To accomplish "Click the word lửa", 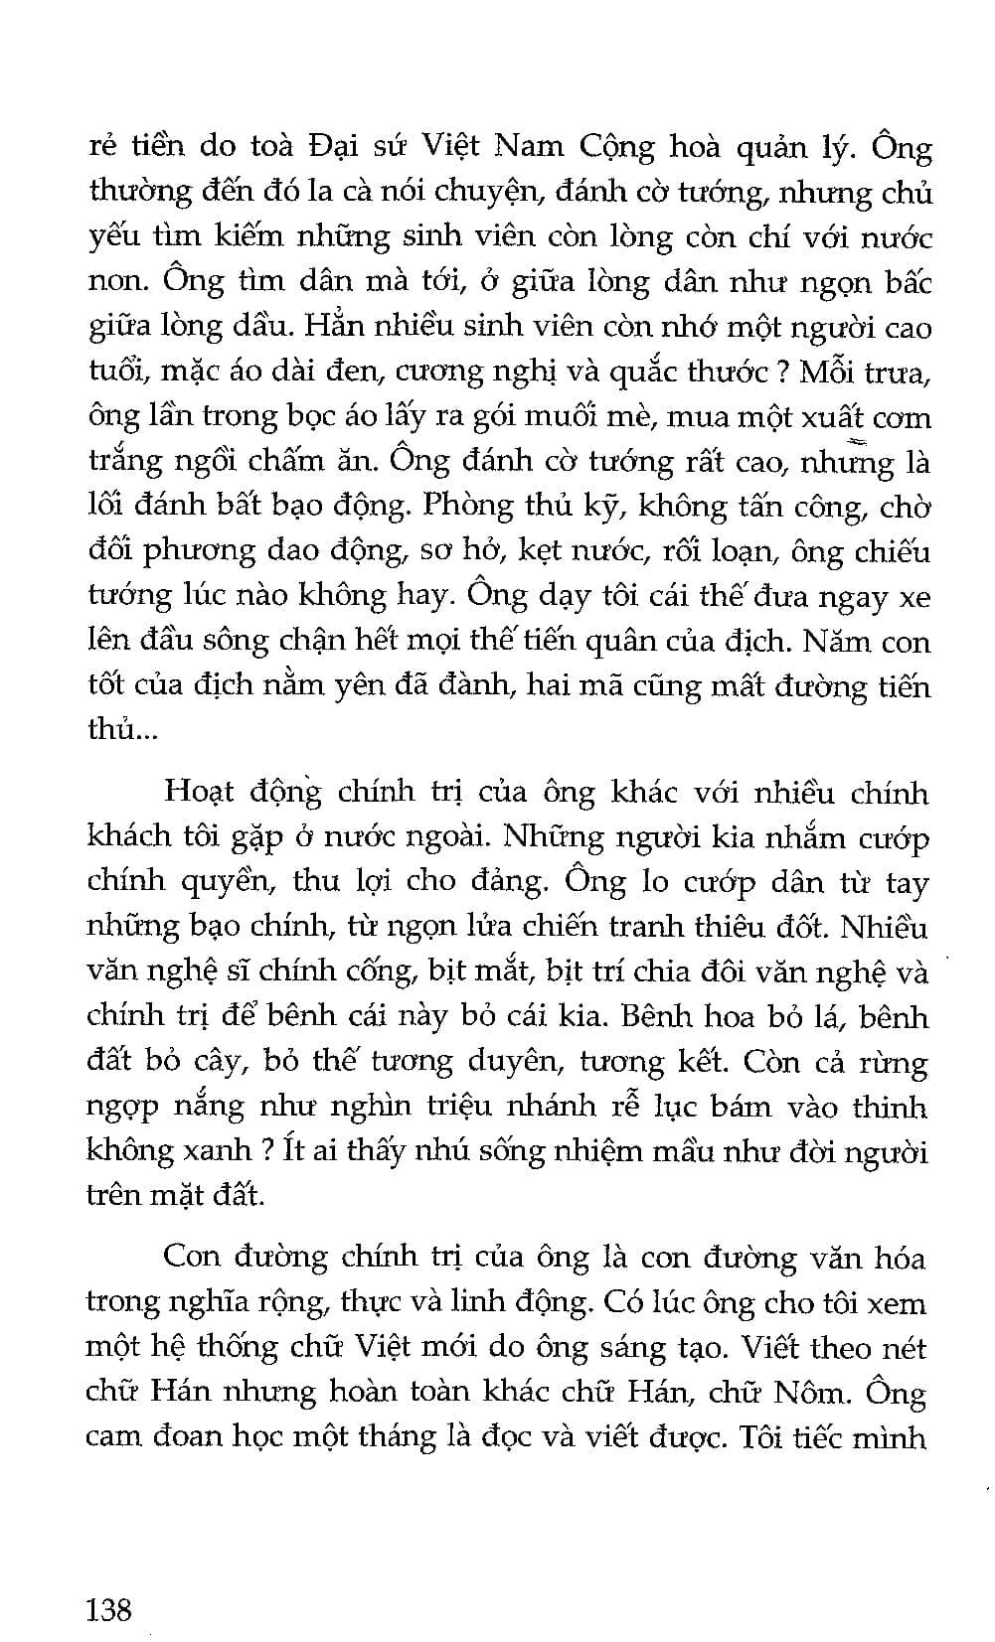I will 485,927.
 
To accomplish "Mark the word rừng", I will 900,1062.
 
